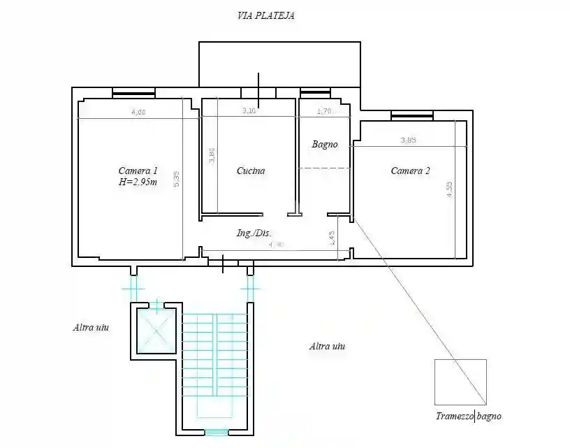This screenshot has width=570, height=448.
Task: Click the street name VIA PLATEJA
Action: pos(266,16)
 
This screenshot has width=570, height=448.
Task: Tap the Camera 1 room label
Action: pos(138,171)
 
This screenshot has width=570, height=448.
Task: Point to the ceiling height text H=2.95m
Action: pos(138,183)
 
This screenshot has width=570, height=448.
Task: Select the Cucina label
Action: pos(251,171)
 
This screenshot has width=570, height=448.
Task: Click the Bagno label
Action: pos(325,145)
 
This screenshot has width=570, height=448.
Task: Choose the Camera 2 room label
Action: pos(410,171)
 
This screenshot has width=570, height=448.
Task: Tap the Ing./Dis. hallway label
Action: pos(254,233)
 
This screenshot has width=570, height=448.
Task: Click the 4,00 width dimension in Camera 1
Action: pos(138,113)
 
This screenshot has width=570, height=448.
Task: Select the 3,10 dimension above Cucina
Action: pos(249,110)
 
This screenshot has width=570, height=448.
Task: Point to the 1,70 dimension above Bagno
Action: pos(324,110)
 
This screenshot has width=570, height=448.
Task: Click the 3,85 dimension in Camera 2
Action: pos(408,140)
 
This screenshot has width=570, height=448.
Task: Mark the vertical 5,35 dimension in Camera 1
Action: pos(177,180)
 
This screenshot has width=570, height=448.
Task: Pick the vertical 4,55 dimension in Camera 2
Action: pos(451,190)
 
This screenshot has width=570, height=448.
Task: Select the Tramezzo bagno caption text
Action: pos(468,417)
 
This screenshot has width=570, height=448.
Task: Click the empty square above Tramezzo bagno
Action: pos(460,382)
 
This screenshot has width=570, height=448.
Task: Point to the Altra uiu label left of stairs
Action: pos(91,327)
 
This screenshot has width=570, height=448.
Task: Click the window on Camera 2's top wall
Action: pos(411,115)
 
